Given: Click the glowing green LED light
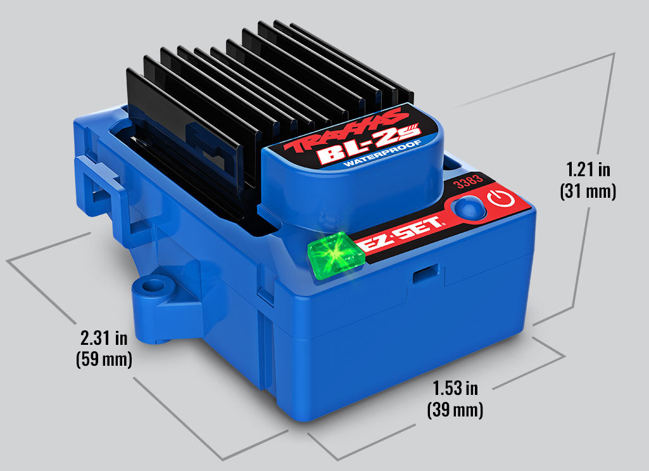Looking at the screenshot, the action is (336, 253).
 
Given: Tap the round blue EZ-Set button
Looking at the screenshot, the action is (469, 206).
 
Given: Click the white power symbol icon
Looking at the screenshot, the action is (501, 198).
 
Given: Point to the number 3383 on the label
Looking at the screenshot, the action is (469, 181).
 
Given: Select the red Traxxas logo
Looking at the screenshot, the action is (343, 131).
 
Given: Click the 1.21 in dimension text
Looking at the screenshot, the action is (588, 169).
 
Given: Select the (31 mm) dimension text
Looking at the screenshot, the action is (588, 191).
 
